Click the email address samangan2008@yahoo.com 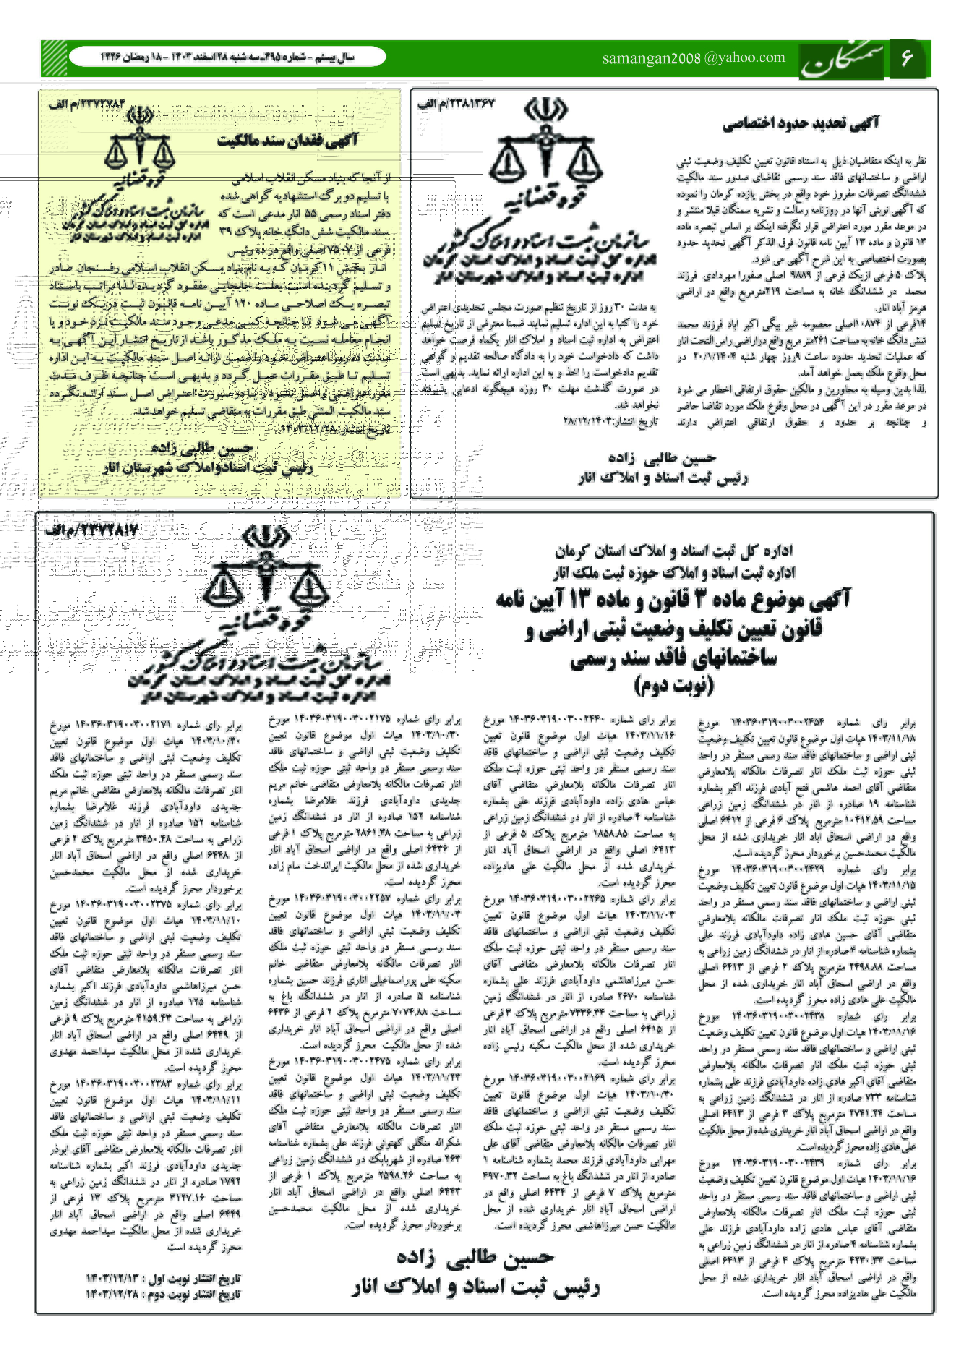693,58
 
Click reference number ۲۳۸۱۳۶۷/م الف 455,104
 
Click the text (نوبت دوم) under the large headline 674,685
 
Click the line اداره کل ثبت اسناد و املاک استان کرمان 674,551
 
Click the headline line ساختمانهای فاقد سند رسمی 674,658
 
